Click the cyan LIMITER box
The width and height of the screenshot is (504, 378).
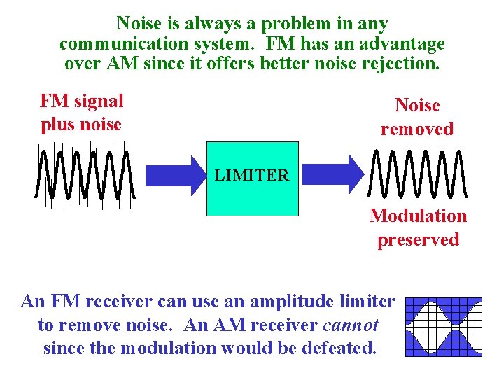[x=252, y=178]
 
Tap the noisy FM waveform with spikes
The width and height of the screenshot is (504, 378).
[x=85, y=175]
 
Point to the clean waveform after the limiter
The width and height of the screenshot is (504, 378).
[x=416, y=175]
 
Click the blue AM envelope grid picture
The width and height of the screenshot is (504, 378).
[x=444, y=327]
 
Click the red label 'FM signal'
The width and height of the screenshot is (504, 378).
[x=81, y=101]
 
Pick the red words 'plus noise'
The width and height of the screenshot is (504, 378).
[x=81, y=124]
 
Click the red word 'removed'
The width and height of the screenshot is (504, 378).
[x=417, y=129]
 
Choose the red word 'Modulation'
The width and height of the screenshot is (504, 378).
[x=418, y=216]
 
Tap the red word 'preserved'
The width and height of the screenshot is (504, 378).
[x=418, y=239]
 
